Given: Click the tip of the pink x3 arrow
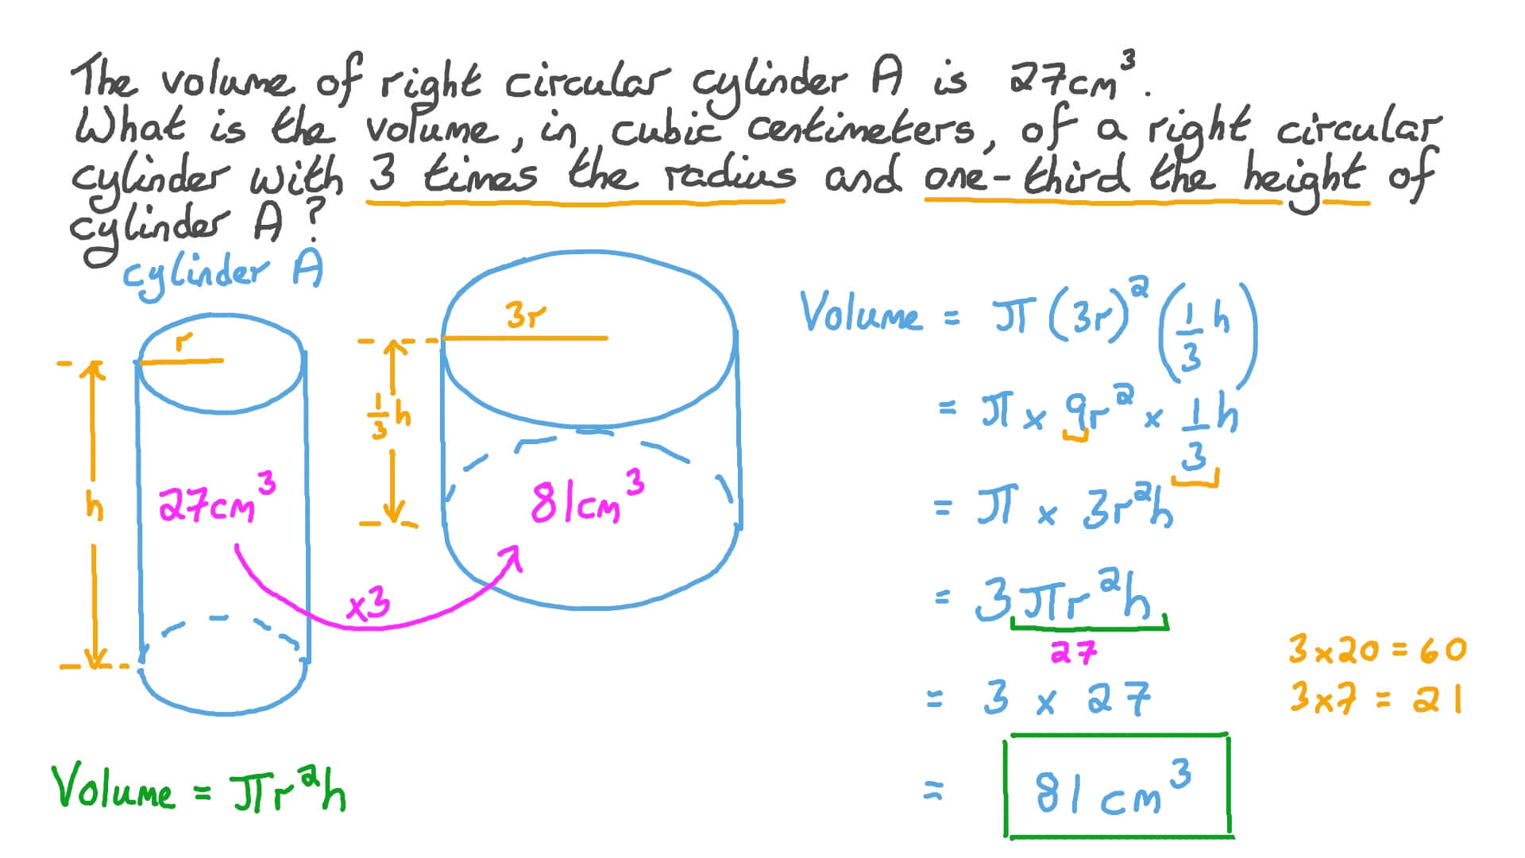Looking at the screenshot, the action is point(517,547).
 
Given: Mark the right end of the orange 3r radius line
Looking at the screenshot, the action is point(608,338).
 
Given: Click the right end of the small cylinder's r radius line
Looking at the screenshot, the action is point(223,360).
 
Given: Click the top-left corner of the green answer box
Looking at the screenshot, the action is point(1007,740).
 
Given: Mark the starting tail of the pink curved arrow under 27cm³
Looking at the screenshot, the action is point(236,547).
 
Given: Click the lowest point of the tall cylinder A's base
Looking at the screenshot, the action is point(224,714).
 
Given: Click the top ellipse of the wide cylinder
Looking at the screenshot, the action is point(589,339).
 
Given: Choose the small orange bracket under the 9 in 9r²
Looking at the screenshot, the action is point(1077,435).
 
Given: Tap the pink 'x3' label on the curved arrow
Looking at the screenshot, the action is point(369,606).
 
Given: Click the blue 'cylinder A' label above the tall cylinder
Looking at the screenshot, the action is point(222,273).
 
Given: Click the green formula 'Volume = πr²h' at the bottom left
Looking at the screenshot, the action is point(199,787).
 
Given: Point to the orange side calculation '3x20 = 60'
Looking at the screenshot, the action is point(1377,650).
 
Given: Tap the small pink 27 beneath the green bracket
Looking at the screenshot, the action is point(1073,652).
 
